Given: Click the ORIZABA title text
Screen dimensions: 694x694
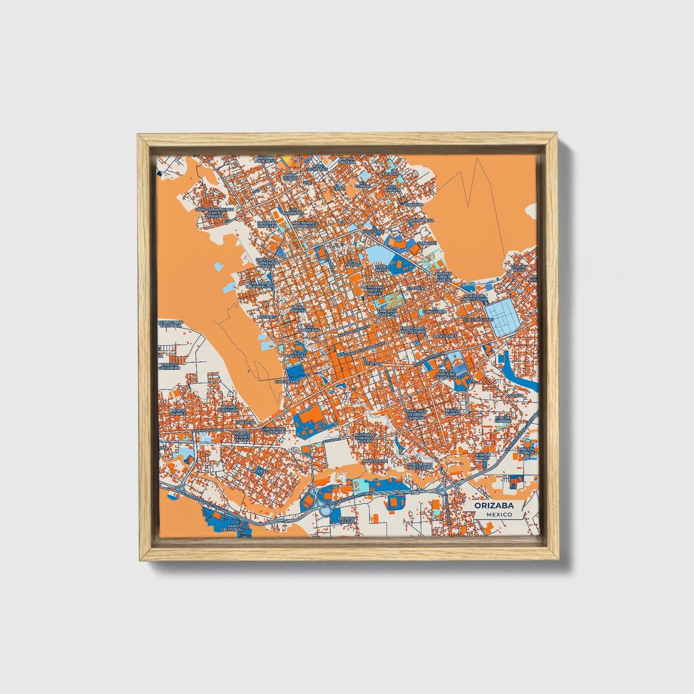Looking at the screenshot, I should [x=493, y=506].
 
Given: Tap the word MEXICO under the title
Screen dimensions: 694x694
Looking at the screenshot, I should [x=499, y=514].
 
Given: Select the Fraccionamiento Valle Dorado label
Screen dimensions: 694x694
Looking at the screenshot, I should [x=215, y=213].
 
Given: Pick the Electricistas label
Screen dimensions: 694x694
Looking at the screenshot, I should [x=478, y=319].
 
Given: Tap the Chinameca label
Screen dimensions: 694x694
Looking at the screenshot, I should [x=422, y=220].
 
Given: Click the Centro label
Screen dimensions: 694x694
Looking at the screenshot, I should [x=372, y=364].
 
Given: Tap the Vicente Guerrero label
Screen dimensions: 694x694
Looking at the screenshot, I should [x=169, y=365].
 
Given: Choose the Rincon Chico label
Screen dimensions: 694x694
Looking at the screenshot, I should [x=483, y=456].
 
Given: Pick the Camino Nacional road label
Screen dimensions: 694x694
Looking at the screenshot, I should [x=208, y=430].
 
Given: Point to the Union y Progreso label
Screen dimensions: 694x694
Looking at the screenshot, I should [x=266, y=159].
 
